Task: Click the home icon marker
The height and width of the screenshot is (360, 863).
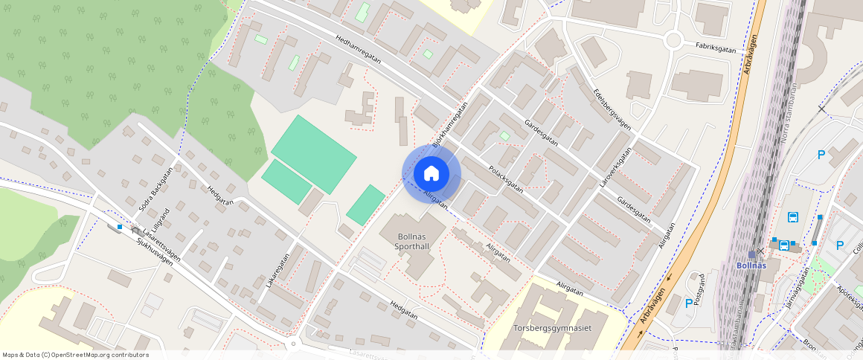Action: pos(431,174)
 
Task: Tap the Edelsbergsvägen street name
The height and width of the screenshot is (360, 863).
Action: pos(612,110)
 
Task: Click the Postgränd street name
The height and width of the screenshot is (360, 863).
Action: pos(699,285)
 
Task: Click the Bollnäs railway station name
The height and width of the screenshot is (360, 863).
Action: pos(751,266)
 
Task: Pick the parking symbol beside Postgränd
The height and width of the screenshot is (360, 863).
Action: pos(688,303)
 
